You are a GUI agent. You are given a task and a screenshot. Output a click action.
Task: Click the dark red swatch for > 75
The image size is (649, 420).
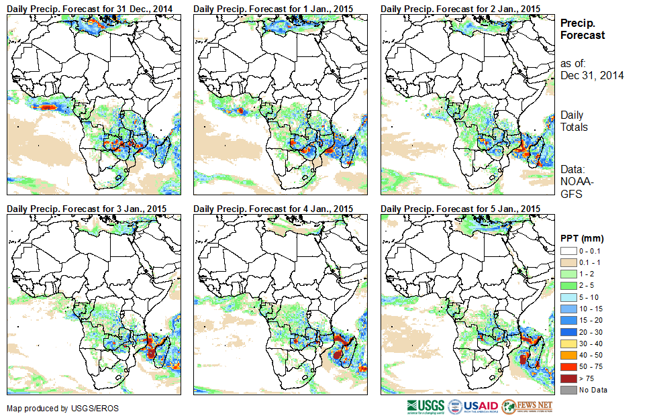(567, 379)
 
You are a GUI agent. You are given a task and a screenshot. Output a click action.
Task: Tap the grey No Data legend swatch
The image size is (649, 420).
(567, 390)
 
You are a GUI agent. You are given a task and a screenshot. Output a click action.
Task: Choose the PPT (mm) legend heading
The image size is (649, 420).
(582, 238)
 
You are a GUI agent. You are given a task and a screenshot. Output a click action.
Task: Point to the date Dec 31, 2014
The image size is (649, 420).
(592, 75)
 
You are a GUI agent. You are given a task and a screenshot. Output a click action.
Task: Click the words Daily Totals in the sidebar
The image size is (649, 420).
(574, 121)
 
